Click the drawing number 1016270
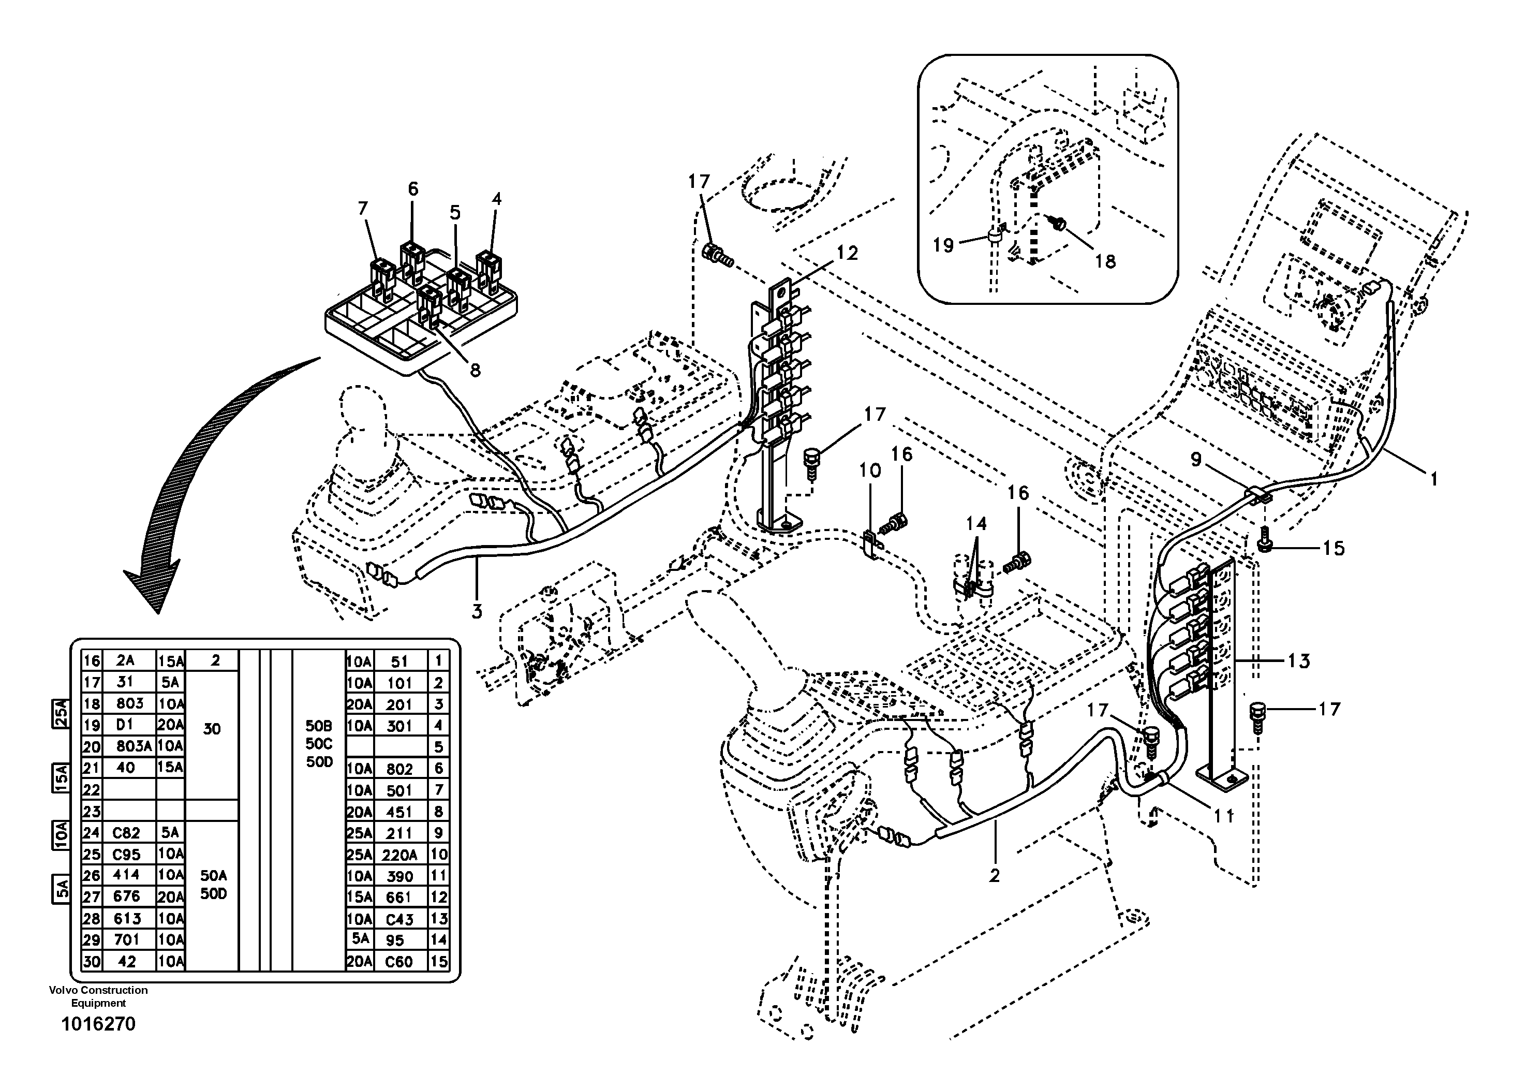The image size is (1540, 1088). [x=98, y=1024]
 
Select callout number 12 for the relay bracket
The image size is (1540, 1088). [x=847, y=253]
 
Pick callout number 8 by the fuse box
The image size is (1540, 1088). [x=475, y=370]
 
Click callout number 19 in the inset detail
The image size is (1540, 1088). [x=943, y=245]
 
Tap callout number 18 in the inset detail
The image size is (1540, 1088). [x=1105, y=261]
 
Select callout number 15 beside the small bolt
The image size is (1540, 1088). [x=1334, y=548]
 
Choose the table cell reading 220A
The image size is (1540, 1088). [x=399, y=855]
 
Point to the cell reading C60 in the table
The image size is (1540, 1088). [x=398, y=962]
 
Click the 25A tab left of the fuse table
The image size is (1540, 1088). [x=61, y=714]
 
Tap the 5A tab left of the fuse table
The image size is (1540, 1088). [x=61, y=889]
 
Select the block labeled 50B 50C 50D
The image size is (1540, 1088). [x=319, y=744]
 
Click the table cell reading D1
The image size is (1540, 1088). [x=125, y=725]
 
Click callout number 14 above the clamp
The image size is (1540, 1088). [x=976, y=523]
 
